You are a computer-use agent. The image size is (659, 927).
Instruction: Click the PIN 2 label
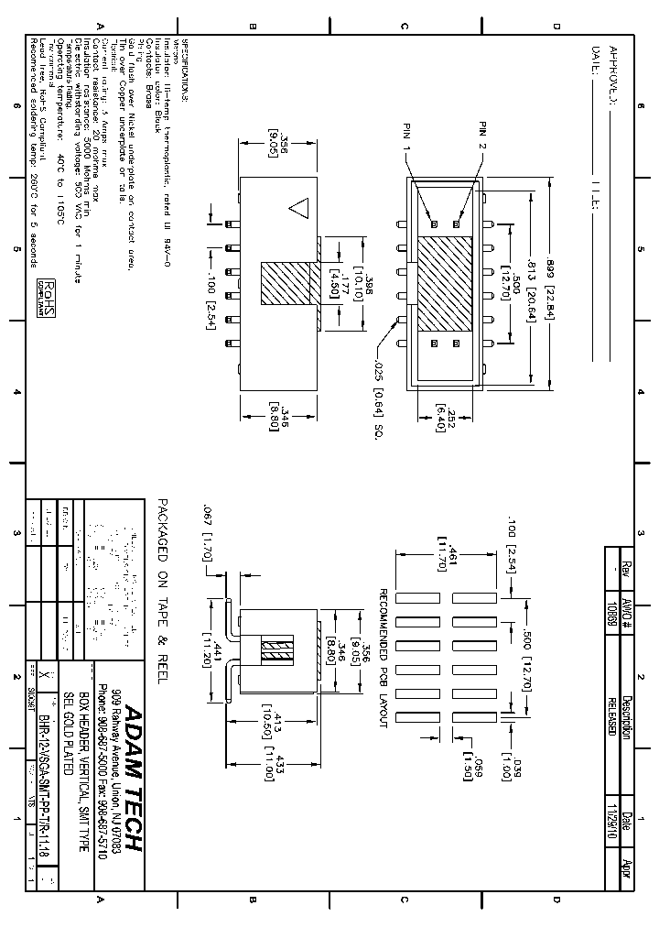point(483,136)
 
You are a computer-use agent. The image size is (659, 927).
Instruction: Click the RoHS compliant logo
point(43,298)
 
